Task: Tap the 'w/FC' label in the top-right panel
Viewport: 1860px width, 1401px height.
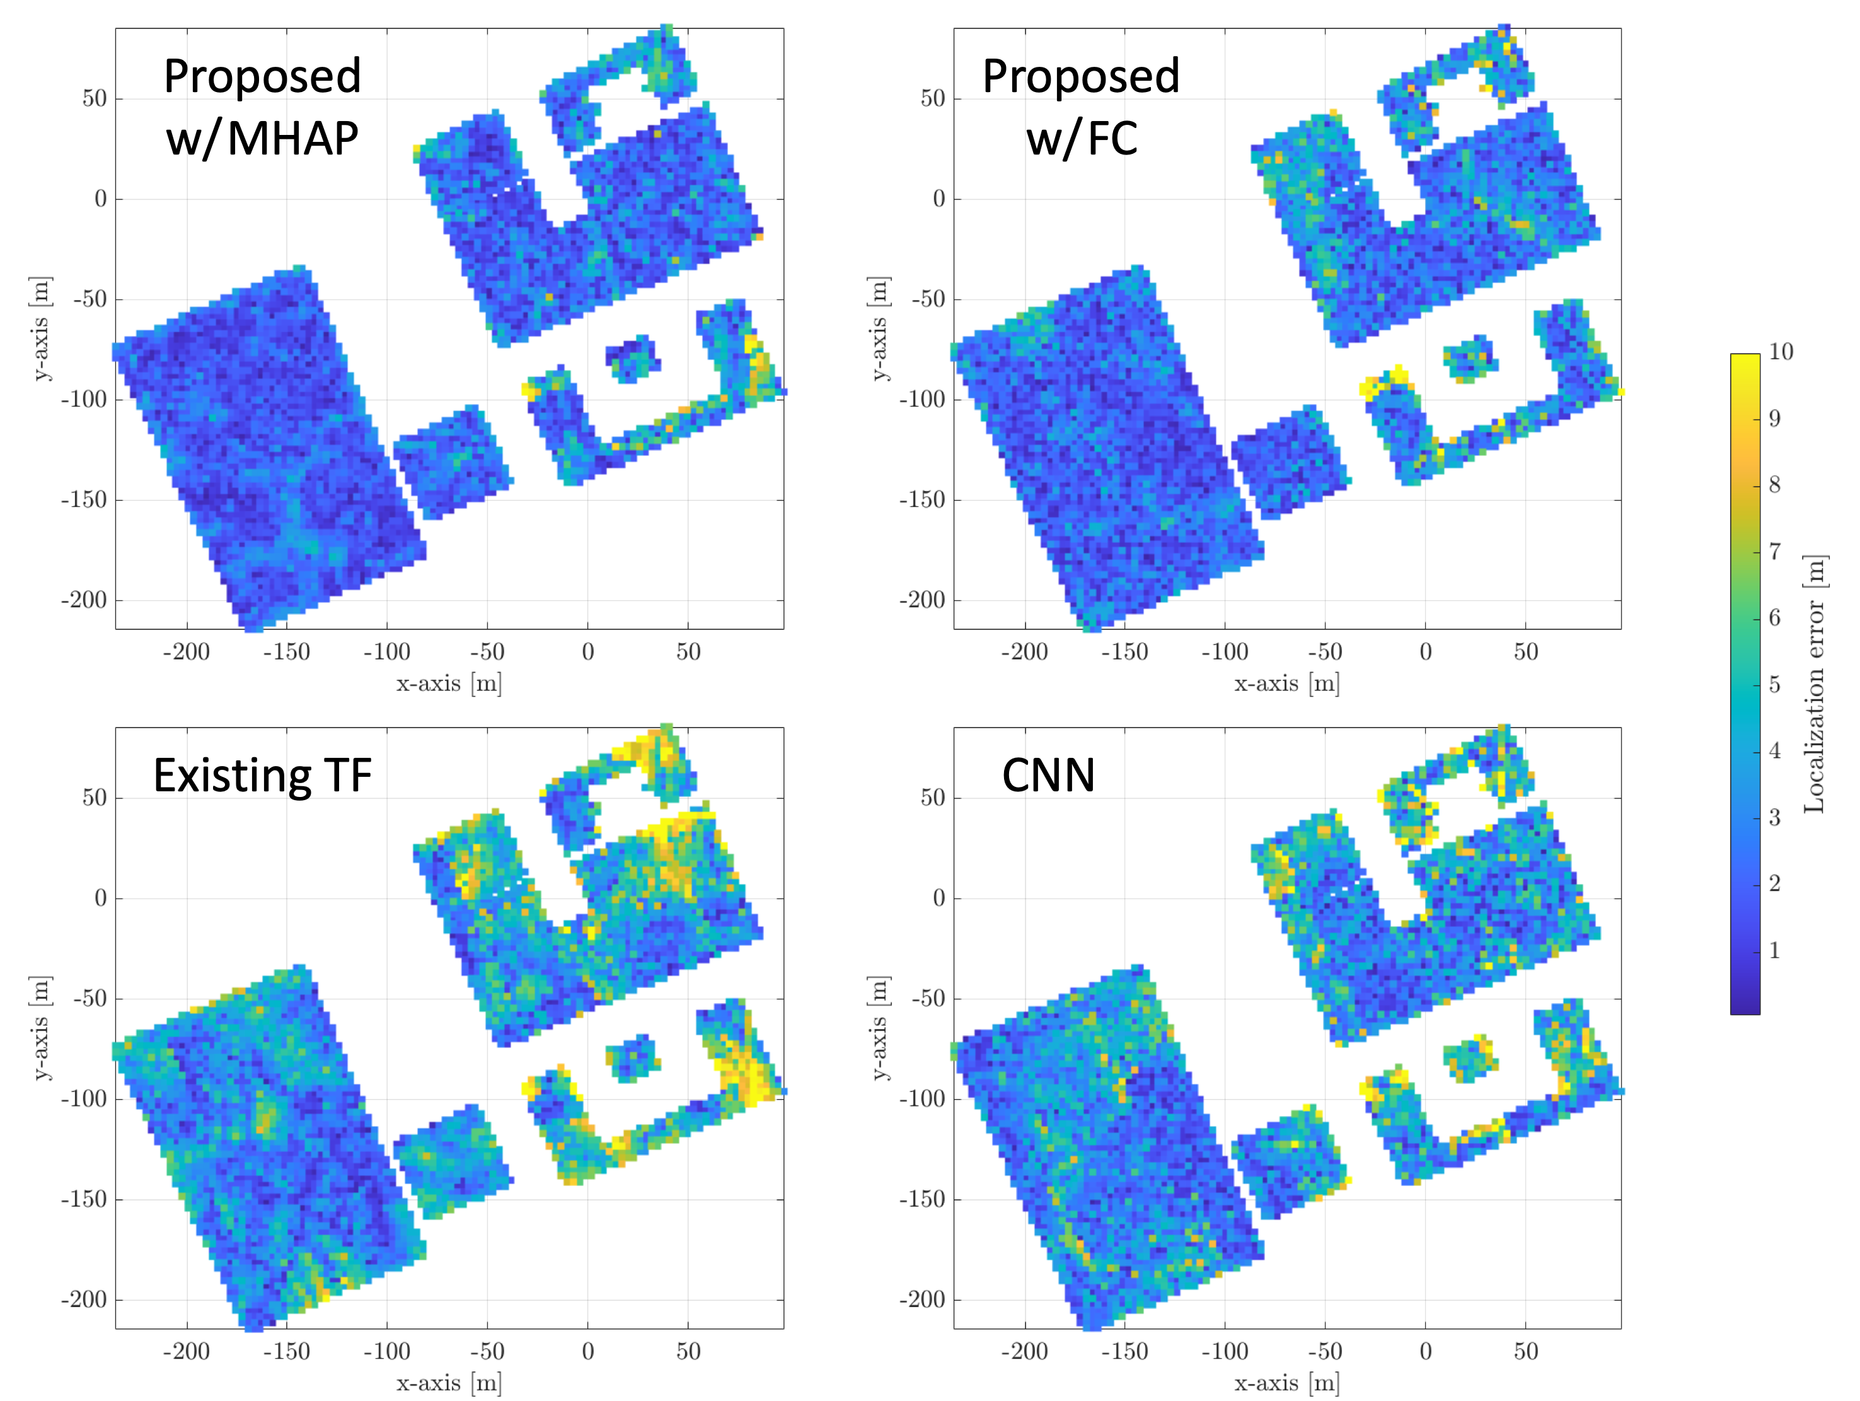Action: [1082, 139]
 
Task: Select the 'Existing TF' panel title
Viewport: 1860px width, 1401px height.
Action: [262, 776]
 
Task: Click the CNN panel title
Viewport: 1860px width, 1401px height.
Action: [1049, 776]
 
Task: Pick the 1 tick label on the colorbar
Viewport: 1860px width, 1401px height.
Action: [1774, 951]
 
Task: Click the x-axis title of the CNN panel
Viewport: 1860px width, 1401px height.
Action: [1286, 1383]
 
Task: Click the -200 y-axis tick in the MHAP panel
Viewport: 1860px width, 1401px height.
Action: [84, 600]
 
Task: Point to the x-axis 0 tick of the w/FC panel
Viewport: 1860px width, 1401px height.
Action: [1425, 652]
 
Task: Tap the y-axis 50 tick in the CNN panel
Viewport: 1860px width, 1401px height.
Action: [933, 797]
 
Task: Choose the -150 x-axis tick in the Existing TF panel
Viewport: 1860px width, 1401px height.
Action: [287, 1351]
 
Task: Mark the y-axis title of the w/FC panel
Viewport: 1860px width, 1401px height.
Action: [878, 328]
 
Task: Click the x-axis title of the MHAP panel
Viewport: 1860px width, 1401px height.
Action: [449, 683]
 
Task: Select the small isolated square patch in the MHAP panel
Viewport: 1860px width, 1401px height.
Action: [632, 359]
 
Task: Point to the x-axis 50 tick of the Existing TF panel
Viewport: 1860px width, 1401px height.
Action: [688, 1351]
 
